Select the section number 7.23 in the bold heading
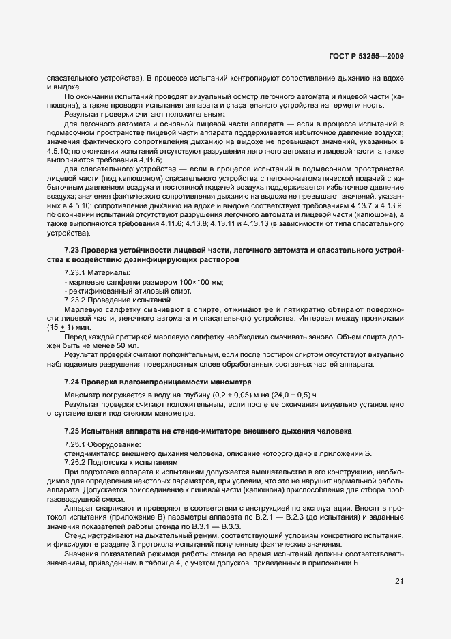[x=72, y=251]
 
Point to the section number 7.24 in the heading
[x=72, y=380]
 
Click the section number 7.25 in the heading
[x=72, y=431]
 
